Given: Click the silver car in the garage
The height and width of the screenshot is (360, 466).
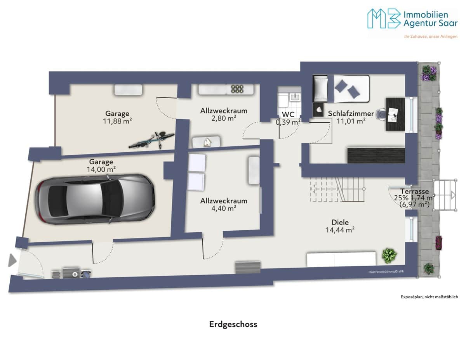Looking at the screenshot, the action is click(x=95, y=199).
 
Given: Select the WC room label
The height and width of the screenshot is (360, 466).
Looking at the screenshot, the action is click(x=288, y=114).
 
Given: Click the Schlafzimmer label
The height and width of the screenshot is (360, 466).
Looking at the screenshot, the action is click(x=351, y=113).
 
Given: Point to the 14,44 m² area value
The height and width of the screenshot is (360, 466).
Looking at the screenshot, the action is click(x=340, y=230).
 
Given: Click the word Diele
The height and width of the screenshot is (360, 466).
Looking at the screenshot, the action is click(x=340, y=222).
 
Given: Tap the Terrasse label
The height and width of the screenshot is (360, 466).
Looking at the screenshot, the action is click(x=414, y=191).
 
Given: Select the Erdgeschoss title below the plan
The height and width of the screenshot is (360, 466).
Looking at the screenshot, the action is click(x=233, y=324).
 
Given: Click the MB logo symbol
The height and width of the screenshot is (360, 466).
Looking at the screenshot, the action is click(x=384, y=18).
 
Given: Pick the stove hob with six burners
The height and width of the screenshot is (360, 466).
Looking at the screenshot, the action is click(x=237, y=89).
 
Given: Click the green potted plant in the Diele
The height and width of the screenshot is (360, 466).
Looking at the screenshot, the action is click(x=389, y=256).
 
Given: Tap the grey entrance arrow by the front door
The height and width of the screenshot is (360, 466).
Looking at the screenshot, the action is click(x=12, y=261).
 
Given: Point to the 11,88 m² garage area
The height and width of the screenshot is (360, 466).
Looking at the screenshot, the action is click(x=117, y=121).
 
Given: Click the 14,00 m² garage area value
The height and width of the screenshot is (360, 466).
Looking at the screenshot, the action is click(x=101, y=170).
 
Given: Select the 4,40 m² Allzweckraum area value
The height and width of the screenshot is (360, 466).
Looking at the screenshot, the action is click(x=224, y=208).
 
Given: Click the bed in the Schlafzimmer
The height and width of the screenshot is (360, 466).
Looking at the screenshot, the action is click(x=341, y=89).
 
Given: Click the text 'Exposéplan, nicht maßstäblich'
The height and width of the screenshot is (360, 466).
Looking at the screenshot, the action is click(x=429, y=297).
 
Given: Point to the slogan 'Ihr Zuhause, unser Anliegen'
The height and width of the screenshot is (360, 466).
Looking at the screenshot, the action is click(x=431, y=37).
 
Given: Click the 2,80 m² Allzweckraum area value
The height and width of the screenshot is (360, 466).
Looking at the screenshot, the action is click(x=224, y=118).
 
